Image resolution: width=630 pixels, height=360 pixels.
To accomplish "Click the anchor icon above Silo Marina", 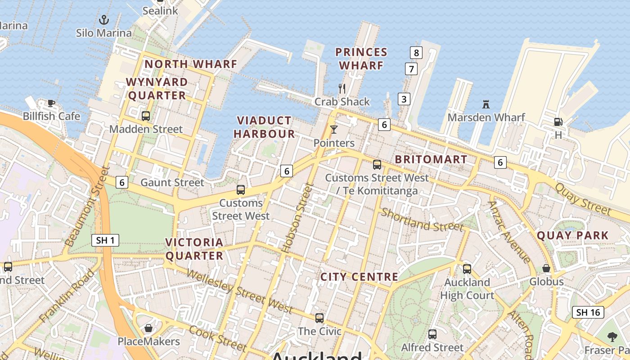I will click(x=104, y=20).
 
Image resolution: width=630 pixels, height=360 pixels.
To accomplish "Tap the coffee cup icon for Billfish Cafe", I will click(x=51, y=103).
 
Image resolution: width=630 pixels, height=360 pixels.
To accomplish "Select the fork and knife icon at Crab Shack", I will click(x=342, y=88).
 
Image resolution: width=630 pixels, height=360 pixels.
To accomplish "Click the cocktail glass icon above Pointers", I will click(x=333, y=130).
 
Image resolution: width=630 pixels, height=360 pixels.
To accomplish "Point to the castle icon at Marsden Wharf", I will click(x=486, y=104).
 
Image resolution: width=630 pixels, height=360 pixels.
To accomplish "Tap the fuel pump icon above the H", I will click(x=558, y=121).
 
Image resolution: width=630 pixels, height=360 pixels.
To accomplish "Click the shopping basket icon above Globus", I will click(x=546, y=268).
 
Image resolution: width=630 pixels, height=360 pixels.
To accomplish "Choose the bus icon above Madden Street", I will click(x=146, y=116).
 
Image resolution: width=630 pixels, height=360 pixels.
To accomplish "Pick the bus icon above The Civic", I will click(x=319, y=318).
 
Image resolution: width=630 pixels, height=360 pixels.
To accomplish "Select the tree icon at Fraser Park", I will click(x=612, y=337).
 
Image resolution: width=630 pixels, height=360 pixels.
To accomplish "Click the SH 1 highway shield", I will click(x=105, y=240).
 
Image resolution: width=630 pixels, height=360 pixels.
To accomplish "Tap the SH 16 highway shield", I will click(x=588, y=312).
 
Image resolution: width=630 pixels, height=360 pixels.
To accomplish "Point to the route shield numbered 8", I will click(x=416, y=53).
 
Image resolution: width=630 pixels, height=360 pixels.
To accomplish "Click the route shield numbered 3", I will click(x=404, y=99).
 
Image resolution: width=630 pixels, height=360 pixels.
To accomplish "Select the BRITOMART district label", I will click(x=431, y=159).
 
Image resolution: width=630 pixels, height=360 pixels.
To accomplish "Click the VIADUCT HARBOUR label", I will click(x=264, y=127).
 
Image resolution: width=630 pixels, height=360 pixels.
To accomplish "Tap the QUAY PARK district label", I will click(x=572, y=235).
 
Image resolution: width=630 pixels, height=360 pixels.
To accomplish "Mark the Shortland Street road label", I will click(x=422, y=220).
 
